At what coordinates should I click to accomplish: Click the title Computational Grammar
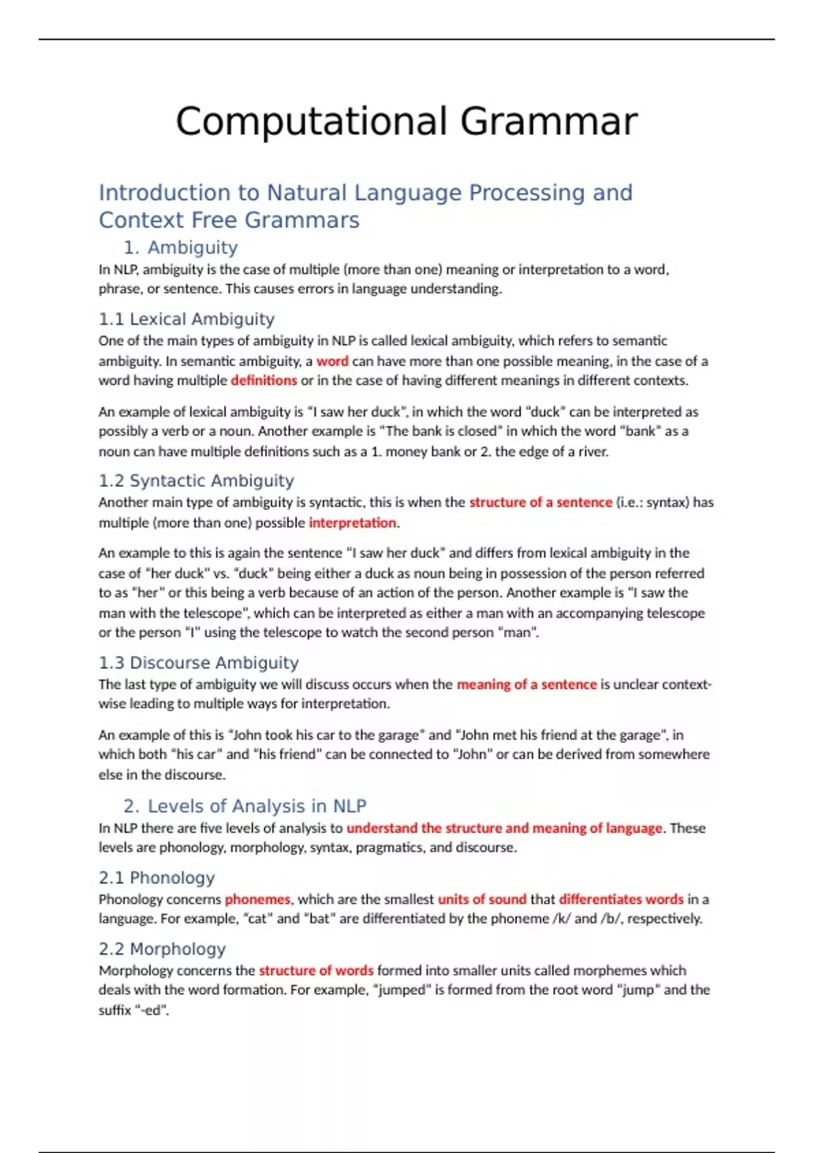pos(406,122)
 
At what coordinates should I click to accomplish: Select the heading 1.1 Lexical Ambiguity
pos(187,319)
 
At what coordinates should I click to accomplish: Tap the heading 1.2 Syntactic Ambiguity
pos(196,481)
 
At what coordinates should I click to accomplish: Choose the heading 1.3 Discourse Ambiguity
pos(198,663)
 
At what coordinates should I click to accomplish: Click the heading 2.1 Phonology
pos(157,878)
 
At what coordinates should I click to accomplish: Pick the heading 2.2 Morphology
pos(162,949)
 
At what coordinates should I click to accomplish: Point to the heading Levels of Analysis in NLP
pos(256,806)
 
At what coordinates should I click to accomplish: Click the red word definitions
pos(264,380)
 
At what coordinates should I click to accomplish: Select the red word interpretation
pos(352,523)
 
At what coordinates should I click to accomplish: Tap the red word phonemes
pos(258,899)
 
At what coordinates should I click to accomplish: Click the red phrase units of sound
pos(482,899)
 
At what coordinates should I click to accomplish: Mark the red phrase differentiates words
pos(621,899)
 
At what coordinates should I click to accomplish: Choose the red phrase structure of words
pos(316,971)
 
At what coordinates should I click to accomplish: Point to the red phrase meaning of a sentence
pos(526,684)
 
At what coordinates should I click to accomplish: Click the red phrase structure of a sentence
pos(541,503)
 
